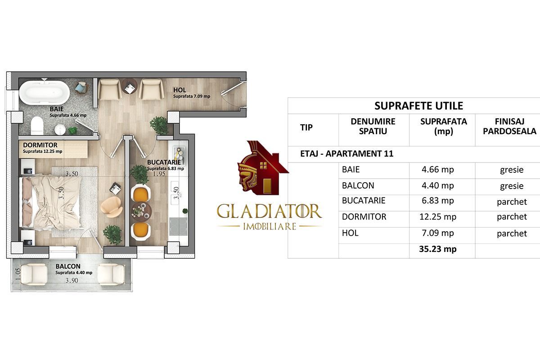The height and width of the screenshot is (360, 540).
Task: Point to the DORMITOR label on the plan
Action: [x=40, y=145]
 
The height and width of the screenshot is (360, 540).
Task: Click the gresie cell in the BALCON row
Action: [x=512, y=185]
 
